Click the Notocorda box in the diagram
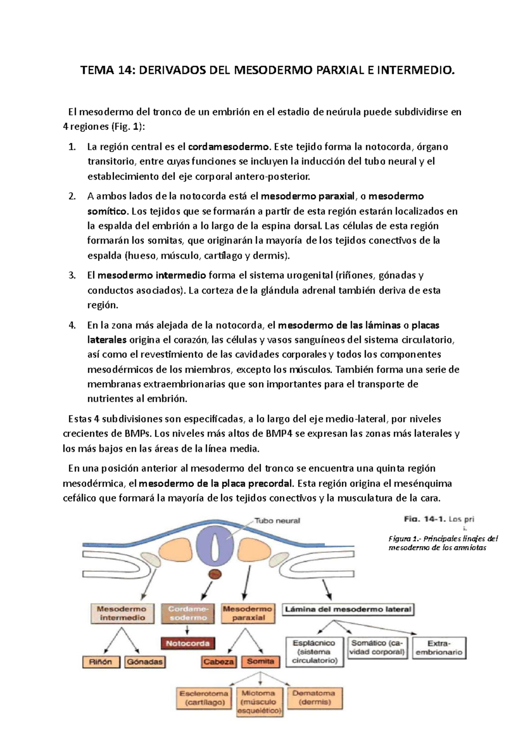[x=188, y=643]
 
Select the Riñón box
[x=101, y=662]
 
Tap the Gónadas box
[x=145, y=662]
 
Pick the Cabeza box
[x=219, y=662]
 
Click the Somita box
[x=260, y=662]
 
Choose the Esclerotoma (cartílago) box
[x=204, y=698]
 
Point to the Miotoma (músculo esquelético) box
[x=260, y=702]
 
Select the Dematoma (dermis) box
[x=314, y=698]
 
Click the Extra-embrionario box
[x=439, y=648]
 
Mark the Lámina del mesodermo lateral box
[x=348, y=609]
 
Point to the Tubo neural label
[x=277, y=520]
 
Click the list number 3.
[x=72, y=275]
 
